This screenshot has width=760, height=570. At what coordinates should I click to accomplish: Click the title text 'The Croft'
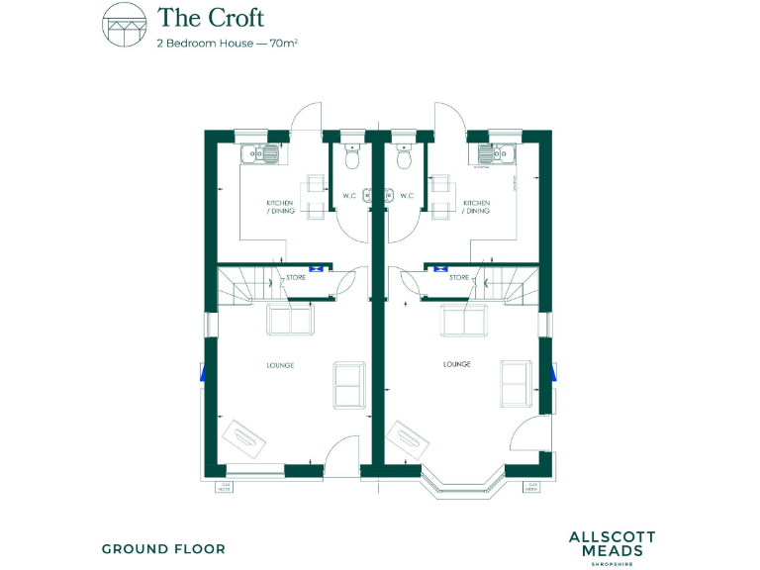(x=211, y=18)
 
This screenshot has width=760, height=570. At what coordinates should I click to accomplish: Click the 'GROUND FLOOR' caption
(x=163, y=548)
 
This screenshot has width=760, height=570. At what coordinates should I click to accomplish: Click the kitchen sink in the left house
(x=261, y=153)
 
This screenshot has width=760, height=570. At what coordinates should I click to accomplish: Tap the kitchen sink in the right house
(x=496, y=153)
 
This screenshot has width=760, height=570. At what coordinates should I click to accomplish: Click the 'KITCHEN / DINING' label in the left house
(x=280, y=207)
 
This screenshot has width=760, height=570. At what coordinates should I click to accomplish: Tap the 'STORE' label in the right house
(x=459, y=278)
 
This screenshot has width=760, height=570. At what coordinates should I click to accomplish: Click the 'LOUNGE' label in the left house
(x=280, y=365)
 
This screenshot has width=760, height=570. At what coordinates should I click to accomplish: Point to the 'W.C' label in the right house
(x=408, y=196)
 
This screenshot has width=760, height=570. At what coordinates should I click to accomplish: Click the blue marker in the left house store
(x=316, y=266)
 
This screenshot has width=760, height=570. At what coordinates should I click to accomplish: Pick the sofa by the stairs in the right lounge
(x=462, y=321)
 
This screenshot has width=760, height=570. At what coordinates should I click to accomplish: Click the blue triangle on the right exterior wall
(x=555, y=372)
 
